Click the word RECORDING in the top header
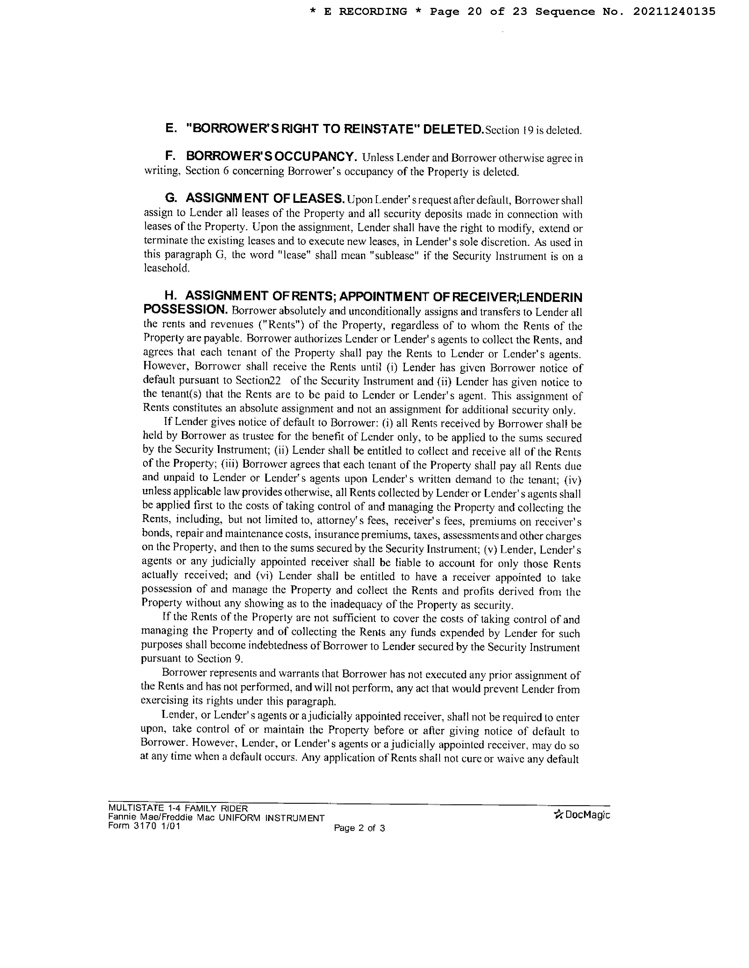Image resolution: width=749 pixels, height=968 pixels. point(373,11)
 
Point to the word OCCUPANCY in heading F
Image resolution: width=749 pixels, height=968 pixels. point(315,156)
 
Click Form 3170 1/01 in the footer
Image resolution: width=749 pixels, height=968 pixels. point(144,826)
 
